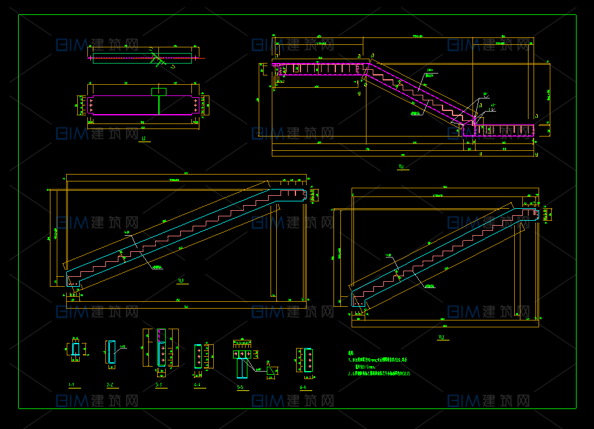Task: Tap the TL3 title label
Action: pyautogui.click(x=181, y=281)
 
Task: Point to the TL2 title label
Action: pyautogui.click(x=442, y=337)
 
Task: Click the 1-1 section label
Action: pyautogui.click(x=72, y=385)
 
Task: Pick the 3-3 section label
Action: pyautogui.click(x=159, y=385)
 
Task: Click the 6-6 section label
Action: pyautogui.click(x=303, y=388)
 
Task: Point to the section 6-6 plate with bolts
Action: pyautogui.click(x=307, y=360)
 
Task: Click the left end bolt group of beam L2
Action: pyautogui.click(x=93, y=105)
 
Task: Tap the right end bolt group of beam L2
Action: pyautogui.click(x=196, y=105)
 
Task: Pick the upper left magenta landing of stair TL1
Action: pyautogui.click(x=321, y=67)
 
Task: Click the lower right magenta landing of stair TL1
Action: pyautogui.click(x=505, y=130)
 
